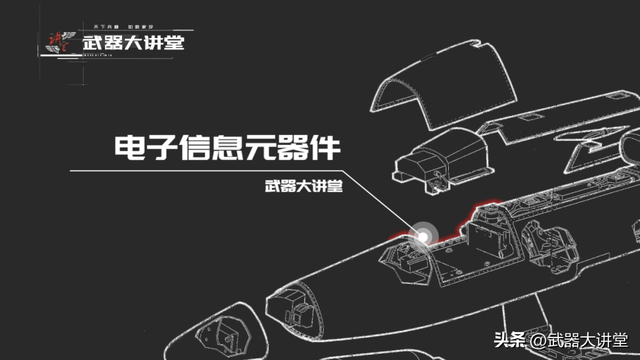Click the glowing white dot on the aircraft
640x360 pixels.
coord(424,235)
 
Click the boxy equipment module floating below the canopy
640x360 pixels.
coord(441,161)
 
